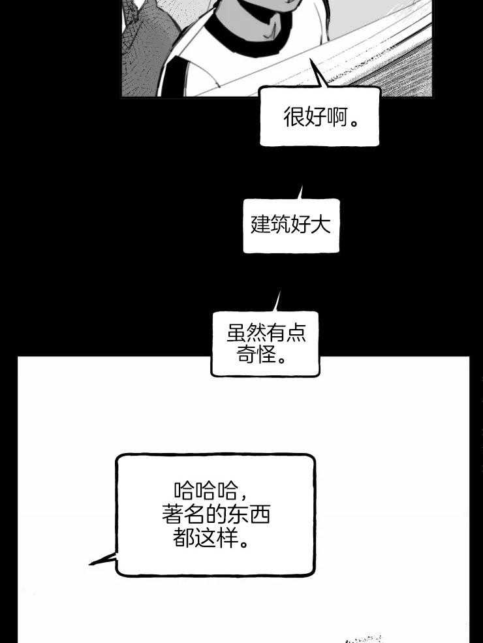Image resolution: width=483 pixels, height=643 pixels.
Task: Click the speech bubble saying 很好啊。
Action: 320,117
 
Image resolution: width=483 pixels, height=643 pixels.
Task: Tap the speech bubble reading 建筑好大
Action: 291,226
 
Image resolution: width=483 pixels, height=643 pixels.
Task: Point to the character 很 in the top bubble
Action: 294,118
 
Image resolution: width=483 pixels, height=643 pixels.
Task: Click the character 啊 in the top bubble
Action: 337,118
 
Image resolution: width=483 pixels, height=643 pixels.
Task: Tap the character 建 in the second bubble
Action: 261,225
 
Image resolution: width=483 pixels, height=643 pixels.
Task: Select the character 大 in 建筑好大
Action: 321,225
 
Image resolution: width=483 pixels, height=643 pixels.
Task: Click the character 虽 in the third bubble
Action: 236,334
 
